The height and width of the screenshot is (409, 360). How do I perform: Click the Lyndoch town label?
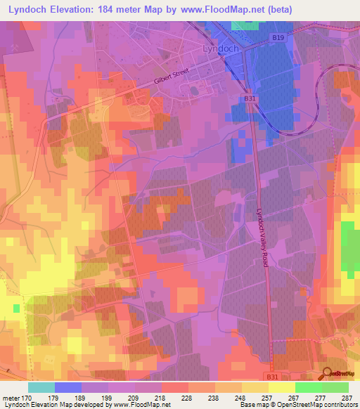pyautogui.click(x=221, y=49)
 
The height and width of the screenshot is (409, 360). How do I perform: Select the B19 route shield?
pyautogui.click(x=279, y=37)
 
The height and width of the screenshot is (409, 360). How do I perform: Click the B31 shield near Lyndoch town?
pyautogui.click(x=250, y=99)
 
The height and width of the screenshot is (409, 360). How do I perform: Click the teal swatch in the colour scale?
pyautogui.click(x=41, y=387)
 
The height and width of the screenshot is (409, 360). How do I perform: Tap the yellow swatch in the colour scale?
pyautogui.click(x=281, y=387)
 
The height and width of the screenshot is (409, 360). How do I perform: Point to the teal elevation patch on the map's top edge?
pyautogui.click(x=244, y=25)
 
